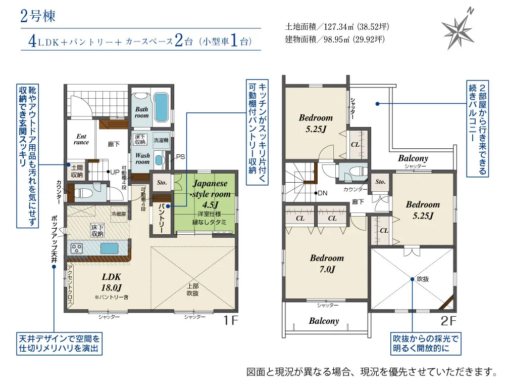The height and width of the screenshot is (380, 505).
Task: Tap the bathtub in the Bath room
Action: pos(161,105)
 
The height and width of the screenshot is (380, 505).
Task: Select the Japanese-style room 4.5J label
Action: pos(209,194)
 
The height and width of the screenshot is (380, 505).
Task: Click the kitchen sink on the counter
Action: pos(110,248)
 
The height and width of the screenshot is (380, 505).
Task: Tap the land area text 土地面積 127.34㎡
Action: pos(337,26)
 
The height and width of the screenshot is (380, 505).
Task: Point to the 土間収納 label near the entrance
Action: pos(77,172)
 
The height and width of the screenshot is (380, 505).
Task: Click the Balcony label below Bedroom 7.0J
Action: pos(324,321)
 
